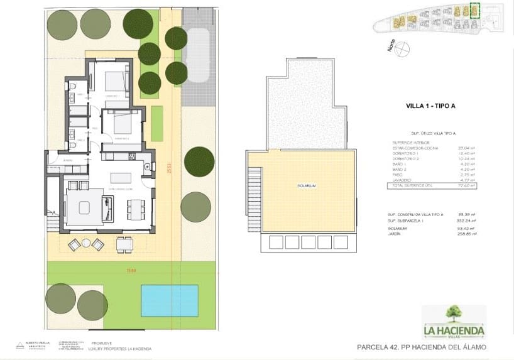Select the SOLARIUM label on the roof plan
[307, 187]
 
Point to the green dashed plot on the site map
[474, 11]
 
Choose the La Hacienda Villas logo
[454, 322]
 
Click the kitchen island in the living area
[121, 177]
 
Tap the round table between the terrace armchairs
[86, 244]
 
